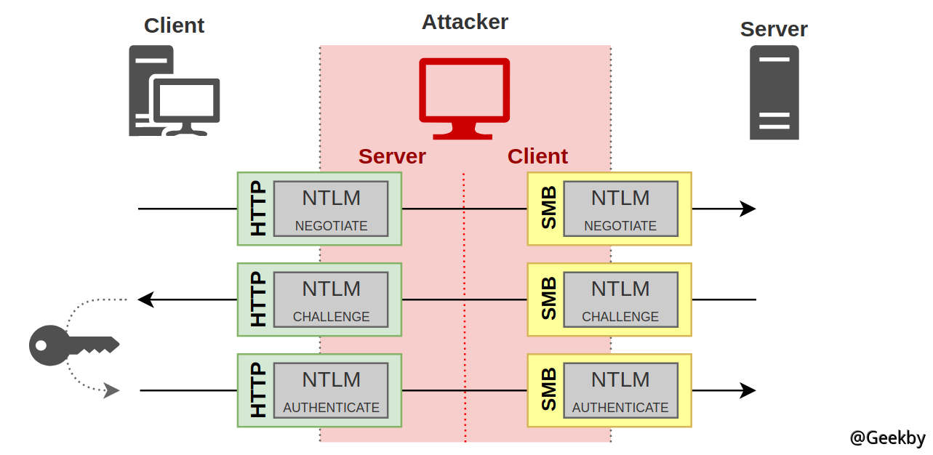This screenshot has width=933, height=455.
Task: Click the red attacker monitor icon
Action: (x=465, y=98)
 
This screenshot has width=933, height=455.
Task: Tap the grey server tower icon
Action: (x=774, y=92)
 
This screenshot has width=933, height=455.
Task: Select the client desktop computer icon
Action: (x=174, y=91)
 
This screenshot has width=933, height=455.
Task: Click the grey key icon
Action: (x=73, y=345)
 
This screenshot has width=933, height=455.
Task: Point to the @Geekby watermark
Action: (x=887, y=438)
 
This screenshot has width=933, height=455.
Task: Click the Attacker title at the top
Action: (x=465, y=22)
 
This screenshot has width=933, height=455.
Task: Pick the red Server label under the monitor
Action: (x=392, y=156)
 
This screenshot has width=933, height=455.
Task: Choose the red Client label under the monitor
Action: (x=537, y=156)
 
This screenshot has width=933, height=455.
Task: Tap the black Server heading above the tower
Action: (x=774, y=30)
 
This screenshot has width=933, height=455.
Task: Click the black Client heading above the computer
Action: (x=174, y=25)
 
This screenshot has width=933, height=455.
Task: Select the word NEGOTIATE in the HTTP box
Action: (x=331, y=226)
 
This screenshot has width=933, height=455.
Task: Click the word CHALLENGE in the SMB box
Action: (x=620, y=317)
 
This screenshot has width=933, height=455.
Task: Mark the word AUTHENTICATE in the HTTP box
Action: (x=331, y=408)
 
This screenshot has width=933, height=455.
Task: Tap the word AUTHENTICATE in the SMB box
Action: (x=620, y=408)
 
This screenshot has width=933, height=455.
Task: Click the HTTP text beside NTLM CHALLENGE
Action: (x=258, y=299)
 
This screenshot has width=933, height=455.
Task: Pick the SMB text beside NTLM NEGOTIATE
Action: (x=548, y=209)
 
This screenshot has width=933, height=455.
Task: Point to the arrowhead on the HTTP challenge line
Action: (x=145, y=299)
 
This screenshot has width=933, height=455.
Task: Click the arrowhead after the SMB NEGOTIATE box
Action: (x=748, y=209)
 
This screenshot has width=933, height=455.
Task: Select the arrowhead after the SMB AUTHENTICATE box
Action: (x=748, y=390)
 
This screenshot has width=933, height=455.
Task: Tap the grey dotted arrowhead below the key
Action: (x=112, y=391)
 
